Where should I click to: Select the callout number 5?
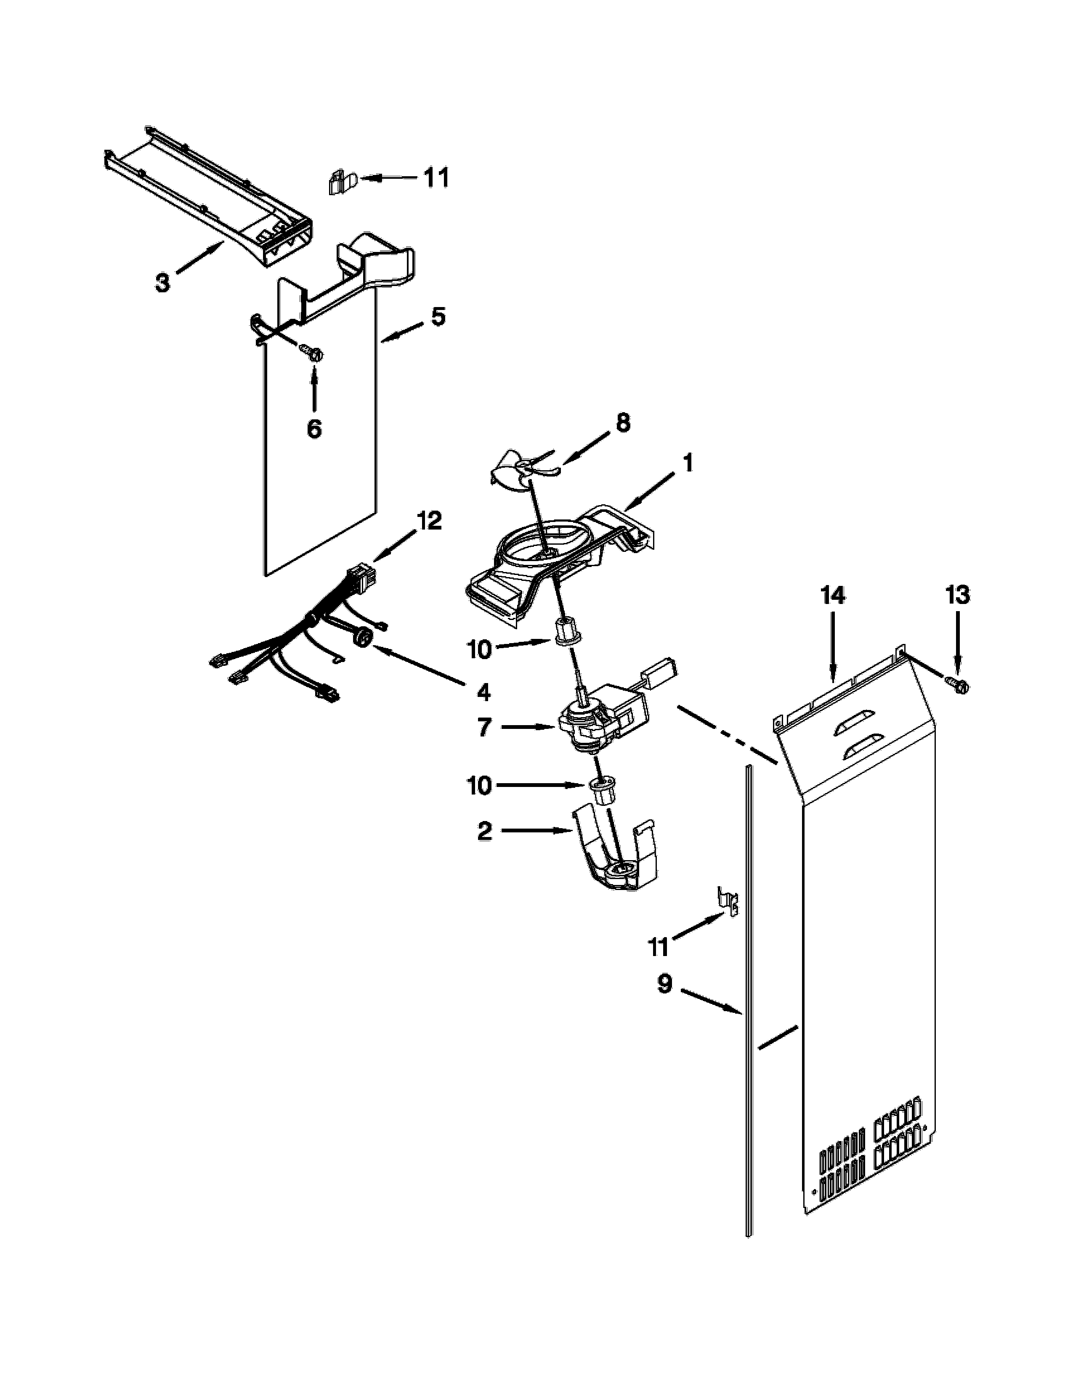438,316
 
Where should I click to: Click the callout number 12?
429,521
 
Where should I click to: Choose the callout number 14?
833,596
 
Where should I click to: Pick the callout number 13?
957,596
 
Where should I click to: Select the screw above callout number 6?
312,352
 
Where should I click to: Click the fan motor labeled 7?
601,720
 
